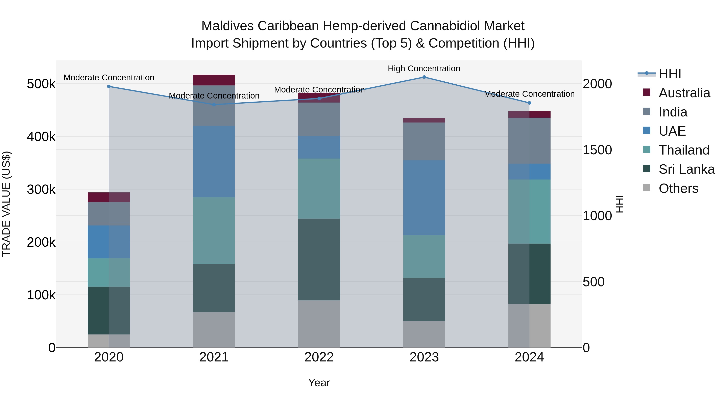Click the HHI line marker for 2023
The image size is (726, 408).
[x=424, y=77]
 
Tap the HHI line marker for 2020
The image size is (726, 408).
[x=109, y=86]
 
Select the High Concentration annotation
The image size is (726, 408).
[x=424, y=69]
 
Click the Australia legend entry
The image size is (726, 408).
[x=684, y=93]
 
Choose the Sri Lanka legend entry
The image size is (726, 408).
[x=686, y=169]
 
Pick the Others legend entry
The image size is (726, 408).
[x=678, y=188]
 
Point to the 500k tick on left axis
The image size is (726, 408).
[x=41, y=84]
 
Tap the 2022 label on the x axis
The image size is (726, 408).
[x=319, y=357]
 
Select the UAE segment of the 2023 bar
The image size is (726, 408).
[x=424, y=197]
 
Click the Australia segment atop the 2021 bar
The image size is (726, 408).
[x=214, y=80]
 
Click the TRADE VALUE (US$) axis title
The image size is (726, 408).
[x=6, y=204]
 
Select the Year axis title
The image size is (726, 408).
[x=319, y=383]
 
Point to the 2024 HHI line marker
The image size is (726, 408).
[x=529, y=103]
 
